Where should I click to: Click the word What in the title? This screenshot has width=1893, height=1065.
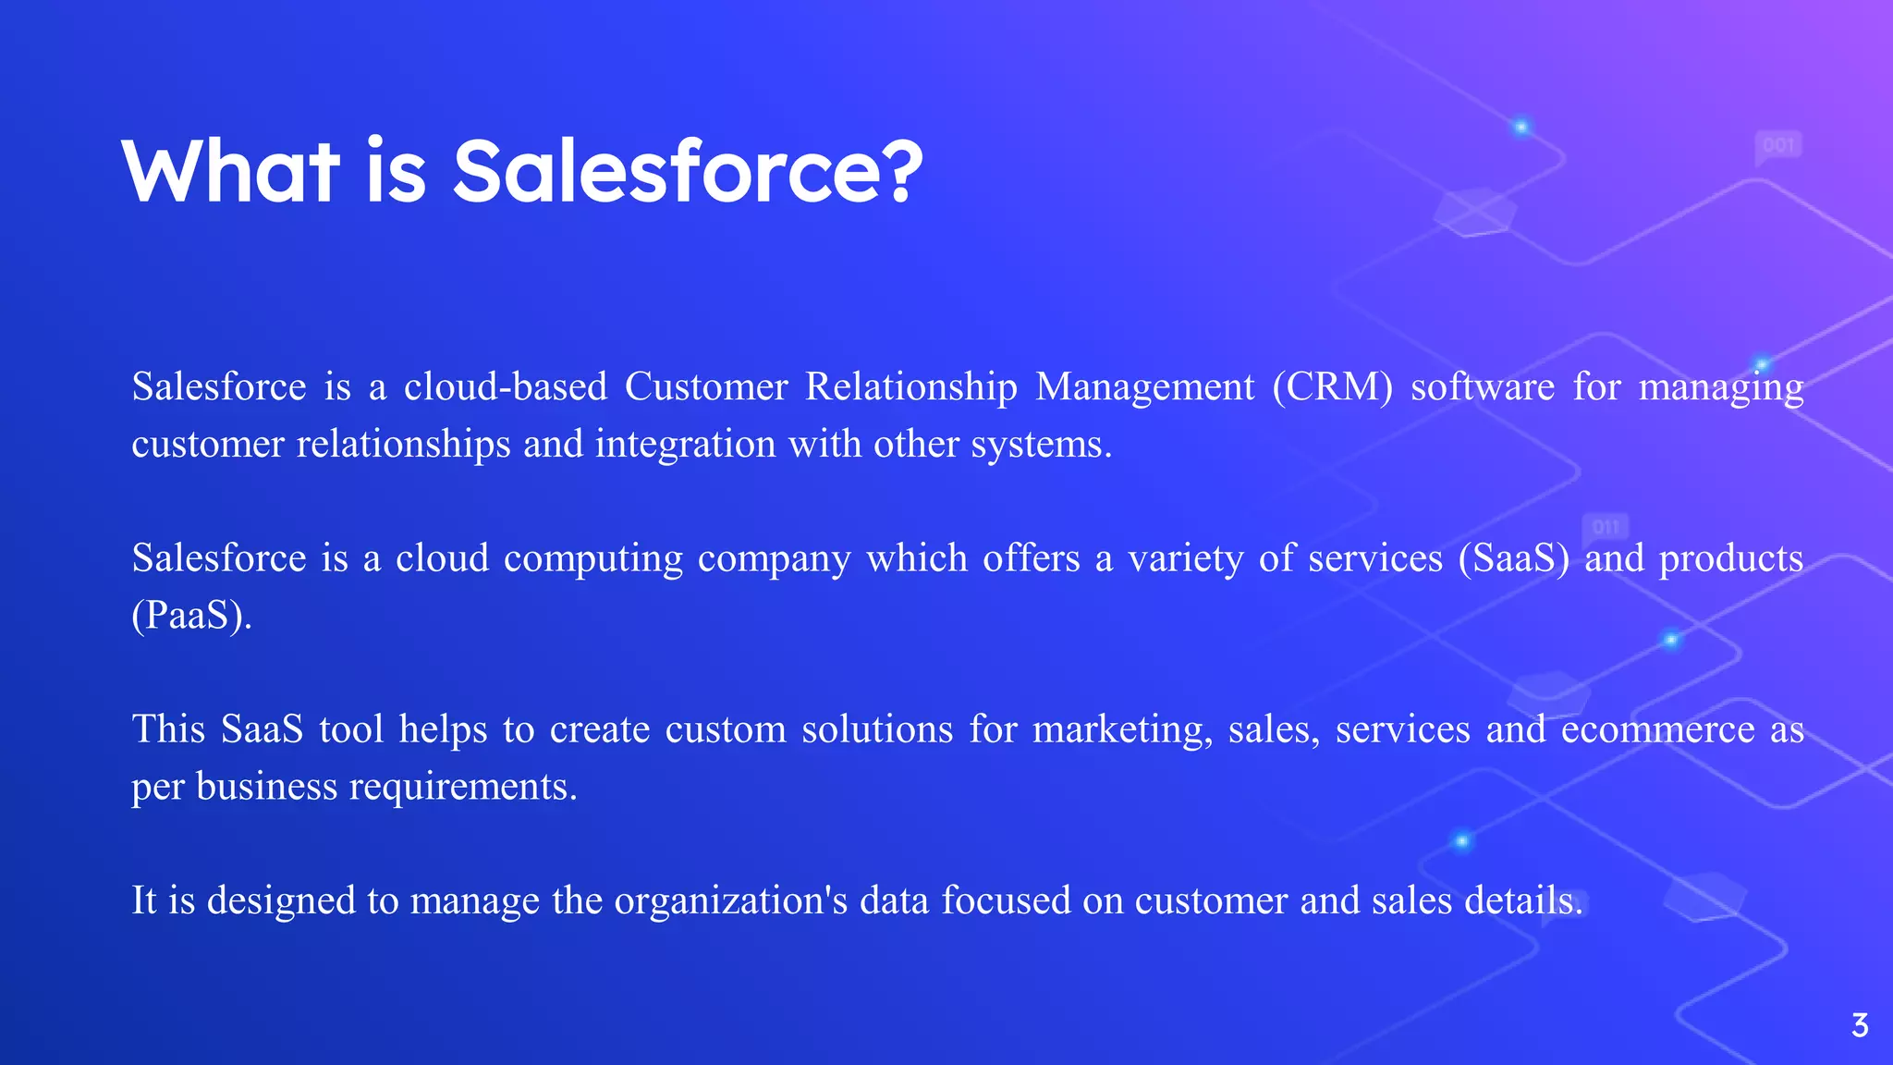click(230, 171)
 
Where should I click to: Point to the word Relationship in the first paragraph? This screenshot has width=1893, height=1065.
click(910, 387)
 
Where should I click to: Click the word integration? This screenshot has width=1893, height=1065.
click(685, 445)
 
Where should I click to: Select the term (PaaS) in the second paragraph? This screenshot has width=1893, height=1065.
click(191, 616)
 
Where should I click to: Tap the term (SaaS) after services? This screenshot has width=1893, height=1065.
click(1513, 558)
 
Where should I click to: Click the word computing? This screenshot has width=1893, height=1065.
click(592, 559)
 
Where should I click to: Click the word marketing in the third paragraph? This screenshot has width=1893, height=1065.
click(1121, 730)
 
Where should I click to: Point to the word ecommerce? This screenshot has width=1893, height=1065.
click(1657, 730)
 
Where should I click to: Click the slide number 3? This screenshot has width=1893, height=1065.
click(1860, 1026)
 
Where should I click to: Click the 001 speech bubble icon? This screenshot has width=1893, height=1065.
click(1778, 146)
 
